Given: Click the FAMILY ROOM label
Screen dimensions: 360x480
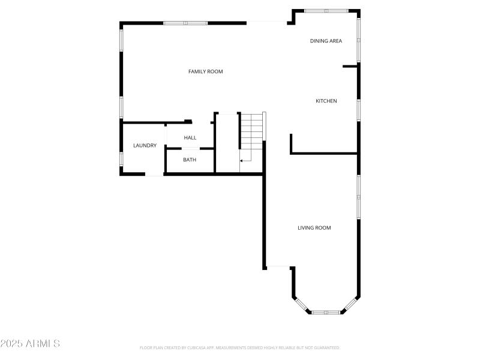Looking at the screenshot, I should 206,71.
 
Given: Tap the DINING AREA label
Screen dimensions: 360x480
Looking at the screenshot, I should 326,41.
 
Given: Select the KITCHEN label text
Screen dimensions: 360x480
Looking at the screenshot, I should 326,101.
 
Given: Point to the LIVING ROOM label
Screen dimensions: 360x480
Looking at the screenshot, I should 314,227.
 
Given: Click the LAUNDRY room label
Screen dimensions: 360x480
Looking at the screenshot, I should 145,145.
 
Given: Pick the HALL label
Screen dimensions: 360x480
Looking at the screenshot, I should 190,137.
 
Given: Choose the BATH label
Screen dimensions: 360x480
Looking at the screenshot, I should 190,160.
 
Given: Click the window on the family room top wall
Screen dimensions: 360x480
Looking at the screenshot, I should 185,23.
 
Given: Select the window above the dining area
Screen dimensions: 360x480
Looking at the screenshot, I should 326,10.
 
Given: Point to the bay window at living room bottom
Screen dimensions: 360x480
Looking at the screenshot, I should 326,312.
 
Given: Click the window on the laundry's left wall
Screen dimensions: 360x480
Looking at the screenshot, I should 121,158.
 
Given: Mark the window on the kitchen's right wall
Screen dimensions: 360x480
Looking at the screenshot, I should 359,110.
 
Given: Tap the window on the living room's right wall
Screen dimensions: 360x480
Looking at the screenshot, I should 359,196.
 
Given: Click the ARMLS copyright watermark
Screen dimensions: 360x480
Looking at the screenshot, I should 30,344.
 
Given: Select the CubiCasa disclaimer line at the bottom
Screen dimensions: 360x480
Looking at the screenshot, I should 240,347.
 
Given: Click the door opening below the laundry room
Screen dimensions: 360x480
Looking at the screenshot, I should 154,174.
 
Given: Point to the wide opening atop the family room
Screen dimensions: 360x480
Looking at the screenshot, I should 266,23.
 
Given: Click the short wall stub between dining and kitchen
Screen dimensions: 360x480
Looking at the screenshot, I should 350,66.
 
